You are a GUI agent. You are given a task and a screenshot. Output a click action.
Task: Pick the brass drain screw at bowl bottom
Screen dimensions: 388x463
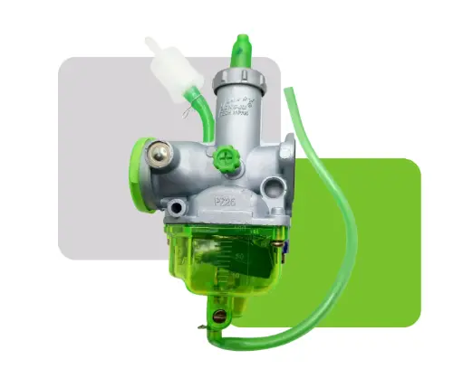217,316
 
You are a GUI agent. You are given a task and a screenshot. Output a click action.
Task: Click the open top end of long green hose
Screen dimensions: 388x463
289,91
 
